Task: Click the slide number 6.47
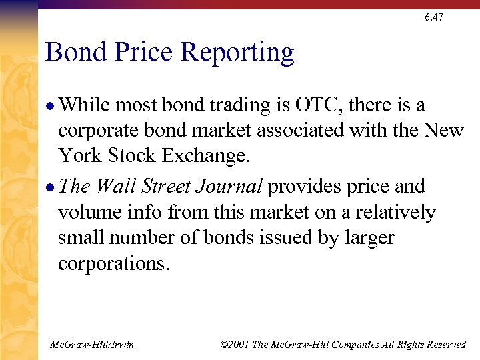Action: (x=433, y=17)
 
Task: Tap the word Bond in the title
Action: (x=73, y=52)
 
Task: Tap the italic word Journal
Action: (x=230, y=187)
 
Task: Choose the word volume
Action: (x=90, y=212)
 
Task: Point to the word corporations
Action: (x=114, y=264)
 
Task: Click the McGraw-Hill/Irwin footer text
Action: (x=92, y=344)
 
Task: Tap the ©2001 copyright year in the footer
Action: (x=235, y=344)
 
